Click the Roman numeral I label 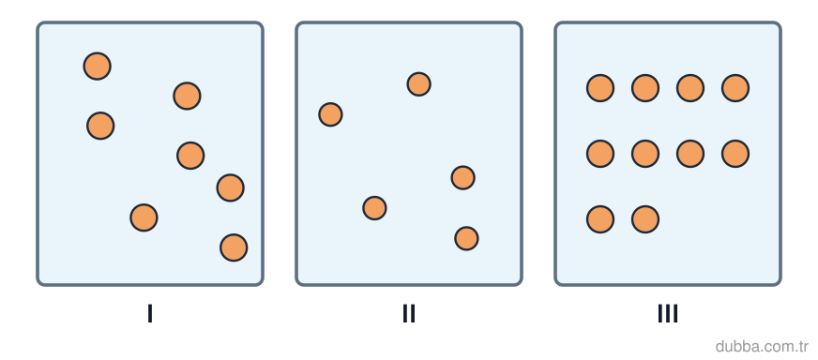point(150,313)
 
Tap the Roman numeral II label point(409,313)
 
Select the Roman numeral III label point(668,313)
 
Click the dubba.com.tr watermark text point(762,347)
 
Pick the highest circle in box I point(97,67)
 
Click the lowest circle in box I point(234,247)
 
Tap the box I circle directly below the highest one point(100,126)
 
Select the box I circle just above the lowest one point(231,187)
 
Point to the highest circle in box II point(419,84)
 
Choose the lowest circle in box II point(466,238)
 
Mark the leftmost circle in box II point(331,114)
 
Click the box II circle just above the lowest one point(374,208)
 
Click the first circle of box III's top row point(600,88)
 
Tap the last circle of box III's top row point(735,88)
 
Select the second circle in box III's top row point(645,88)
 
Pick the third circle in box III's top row point(690,88)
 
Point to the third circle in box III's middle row point(690,154)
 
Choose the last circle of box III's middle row point(735,154)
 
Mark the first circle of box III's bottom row point(600,219)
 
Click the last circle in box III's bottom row point(645,219)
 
